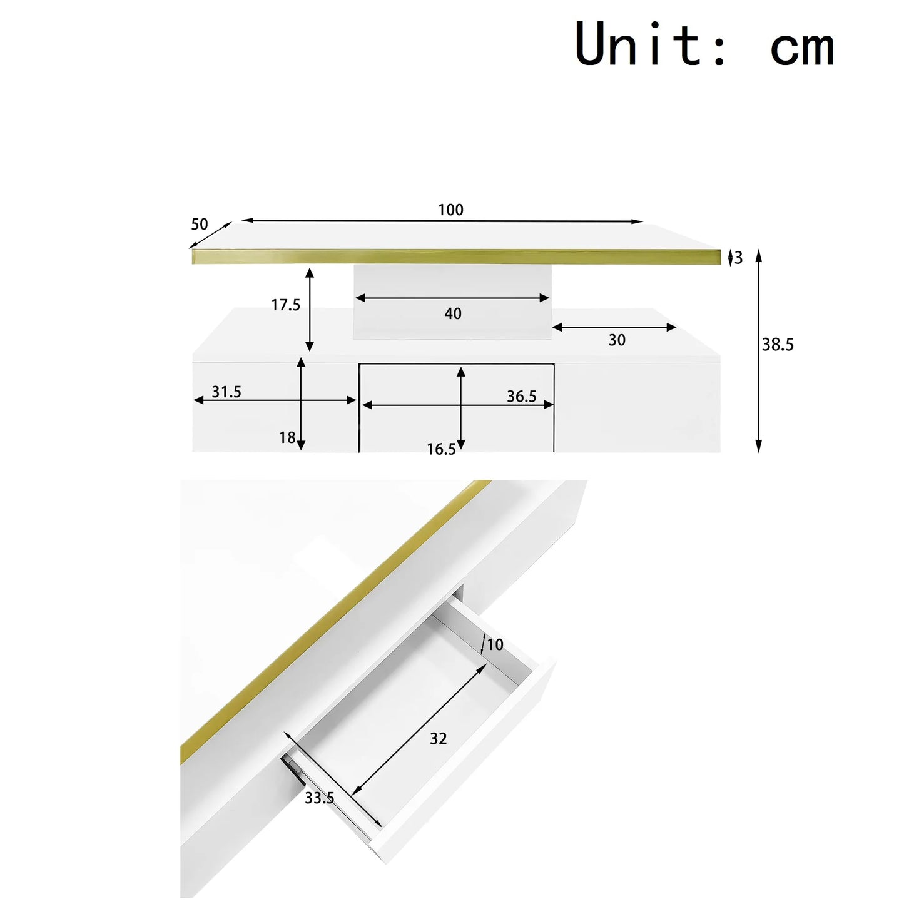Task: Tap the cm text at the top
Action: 802,49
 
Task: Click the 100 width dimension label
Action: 451,210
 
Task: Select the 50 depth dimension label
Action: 200,224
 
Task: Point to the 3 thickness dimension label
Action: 738,258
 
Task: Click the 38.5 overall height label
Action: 778,345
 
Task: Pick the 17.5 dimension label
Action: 286,305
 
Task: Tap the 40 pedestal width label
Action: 453,313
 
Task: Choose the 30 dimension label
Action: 617,340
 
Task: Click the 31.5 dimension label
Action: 226,392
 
